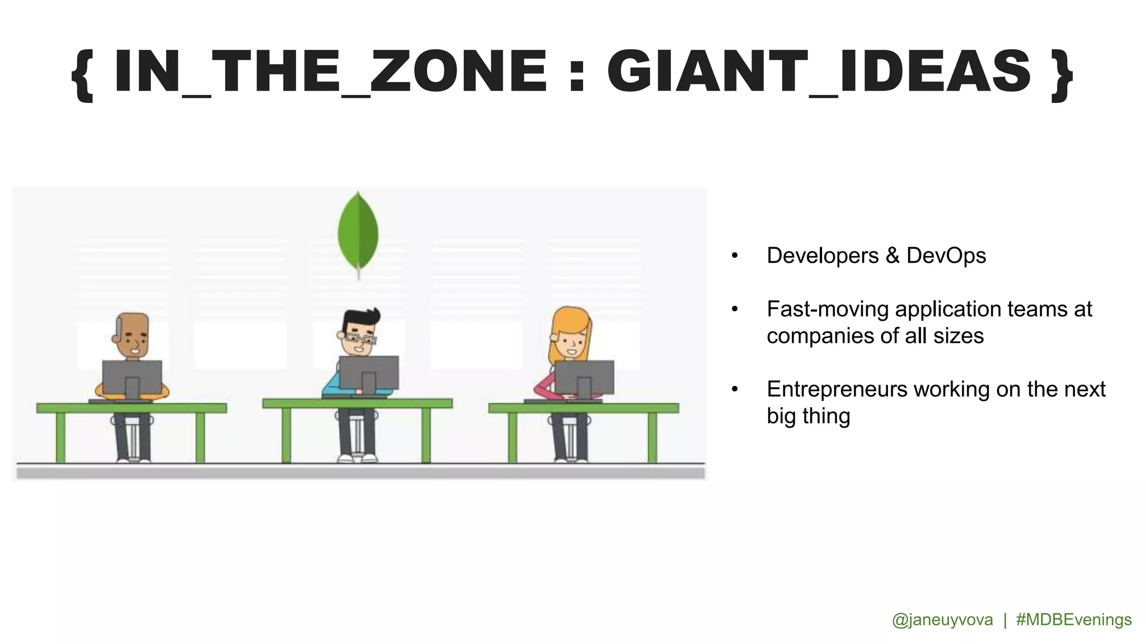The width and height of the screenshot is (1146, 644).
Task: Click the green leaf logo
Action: [358, 232]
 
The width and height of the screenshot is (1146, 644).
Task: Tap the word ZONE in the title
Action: [458, 71]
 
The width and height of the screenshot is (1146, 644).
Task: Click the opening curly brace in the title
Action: [83, 74]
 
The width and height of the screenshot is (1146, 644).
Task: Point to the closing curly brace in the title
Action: [1062, 74]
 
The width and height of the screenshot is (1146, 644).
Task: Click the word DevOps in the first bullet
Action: [946, 255]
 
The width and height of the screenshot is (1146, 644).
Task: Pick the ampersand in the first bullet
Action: [893, 255]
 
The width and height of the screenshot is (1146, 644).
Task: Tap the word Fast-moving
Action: [827, 309]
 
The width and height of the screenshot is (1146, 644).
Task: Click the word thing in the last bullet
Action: [826, 416]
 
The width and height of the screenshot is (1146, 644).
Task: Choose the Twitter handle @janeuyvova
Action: [942, 619]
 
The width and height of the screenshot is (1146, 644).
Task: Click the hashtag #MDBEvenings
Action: [1074, 619]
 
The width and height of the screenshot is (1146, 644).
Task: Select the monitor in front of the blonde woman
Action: [584, 377]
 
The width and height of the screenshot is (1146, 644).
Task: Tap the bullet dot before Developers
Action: [735, 256]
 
